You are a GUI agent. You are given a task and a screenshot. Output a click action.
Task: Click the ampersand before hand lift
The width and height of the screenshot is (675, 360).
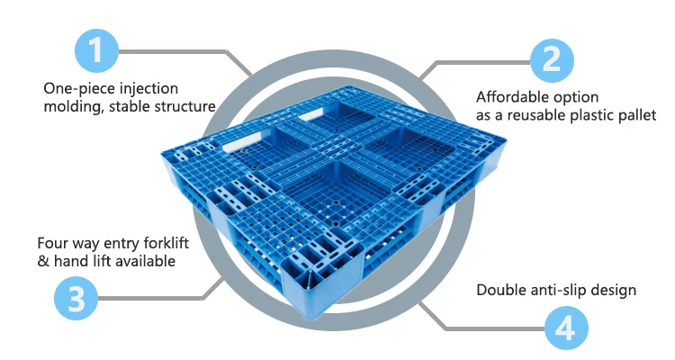tap(41, 261)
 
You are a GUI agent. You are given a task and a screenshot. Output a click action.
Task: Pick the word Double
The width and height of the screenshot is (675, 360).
tap(500, 290)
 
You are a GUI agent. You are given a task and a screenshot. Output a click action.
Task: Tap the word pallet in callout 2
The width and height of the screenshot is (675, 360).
tap(635, 115)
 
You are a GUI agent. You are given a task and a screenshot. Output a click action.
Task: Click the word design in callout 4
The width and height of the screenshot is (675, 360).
tap(616, 290)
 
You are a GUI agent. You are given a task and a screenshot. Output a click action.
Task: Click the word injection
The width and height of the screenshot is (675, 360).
tap(145, 88)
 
